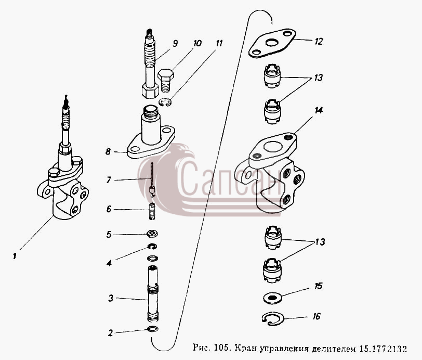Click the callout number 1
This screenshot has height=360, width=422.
point(15,256)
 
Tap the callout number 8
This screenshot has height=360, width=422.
point(108,152)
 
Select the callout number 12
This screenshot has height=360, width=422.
point(318,42)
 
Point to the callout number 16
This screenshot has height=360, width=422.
point(317,316)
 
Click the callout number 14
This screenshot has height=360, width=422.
point(319,110)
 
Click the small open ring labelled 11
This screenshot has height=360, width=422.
point(165,102)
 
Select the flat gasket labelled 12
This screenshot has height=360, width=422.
point(272,43)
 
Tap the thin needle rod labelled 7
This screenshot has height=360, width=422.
point(152,180)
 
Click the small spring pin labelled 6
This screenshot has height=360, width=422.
point(152,211)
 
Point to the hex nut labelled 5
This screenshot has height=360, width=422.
point(152,234)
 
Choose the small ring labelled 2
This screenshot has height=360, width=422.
point(153,329)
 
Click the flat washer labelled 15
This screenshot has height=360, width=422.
point(273,298)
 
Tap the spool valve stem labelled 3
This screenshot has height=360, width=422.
point(153,293)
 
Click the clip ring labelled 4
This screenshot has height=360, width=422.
point(152,246)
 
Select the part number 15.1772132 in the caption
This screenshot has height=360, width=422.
point(383,349)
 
